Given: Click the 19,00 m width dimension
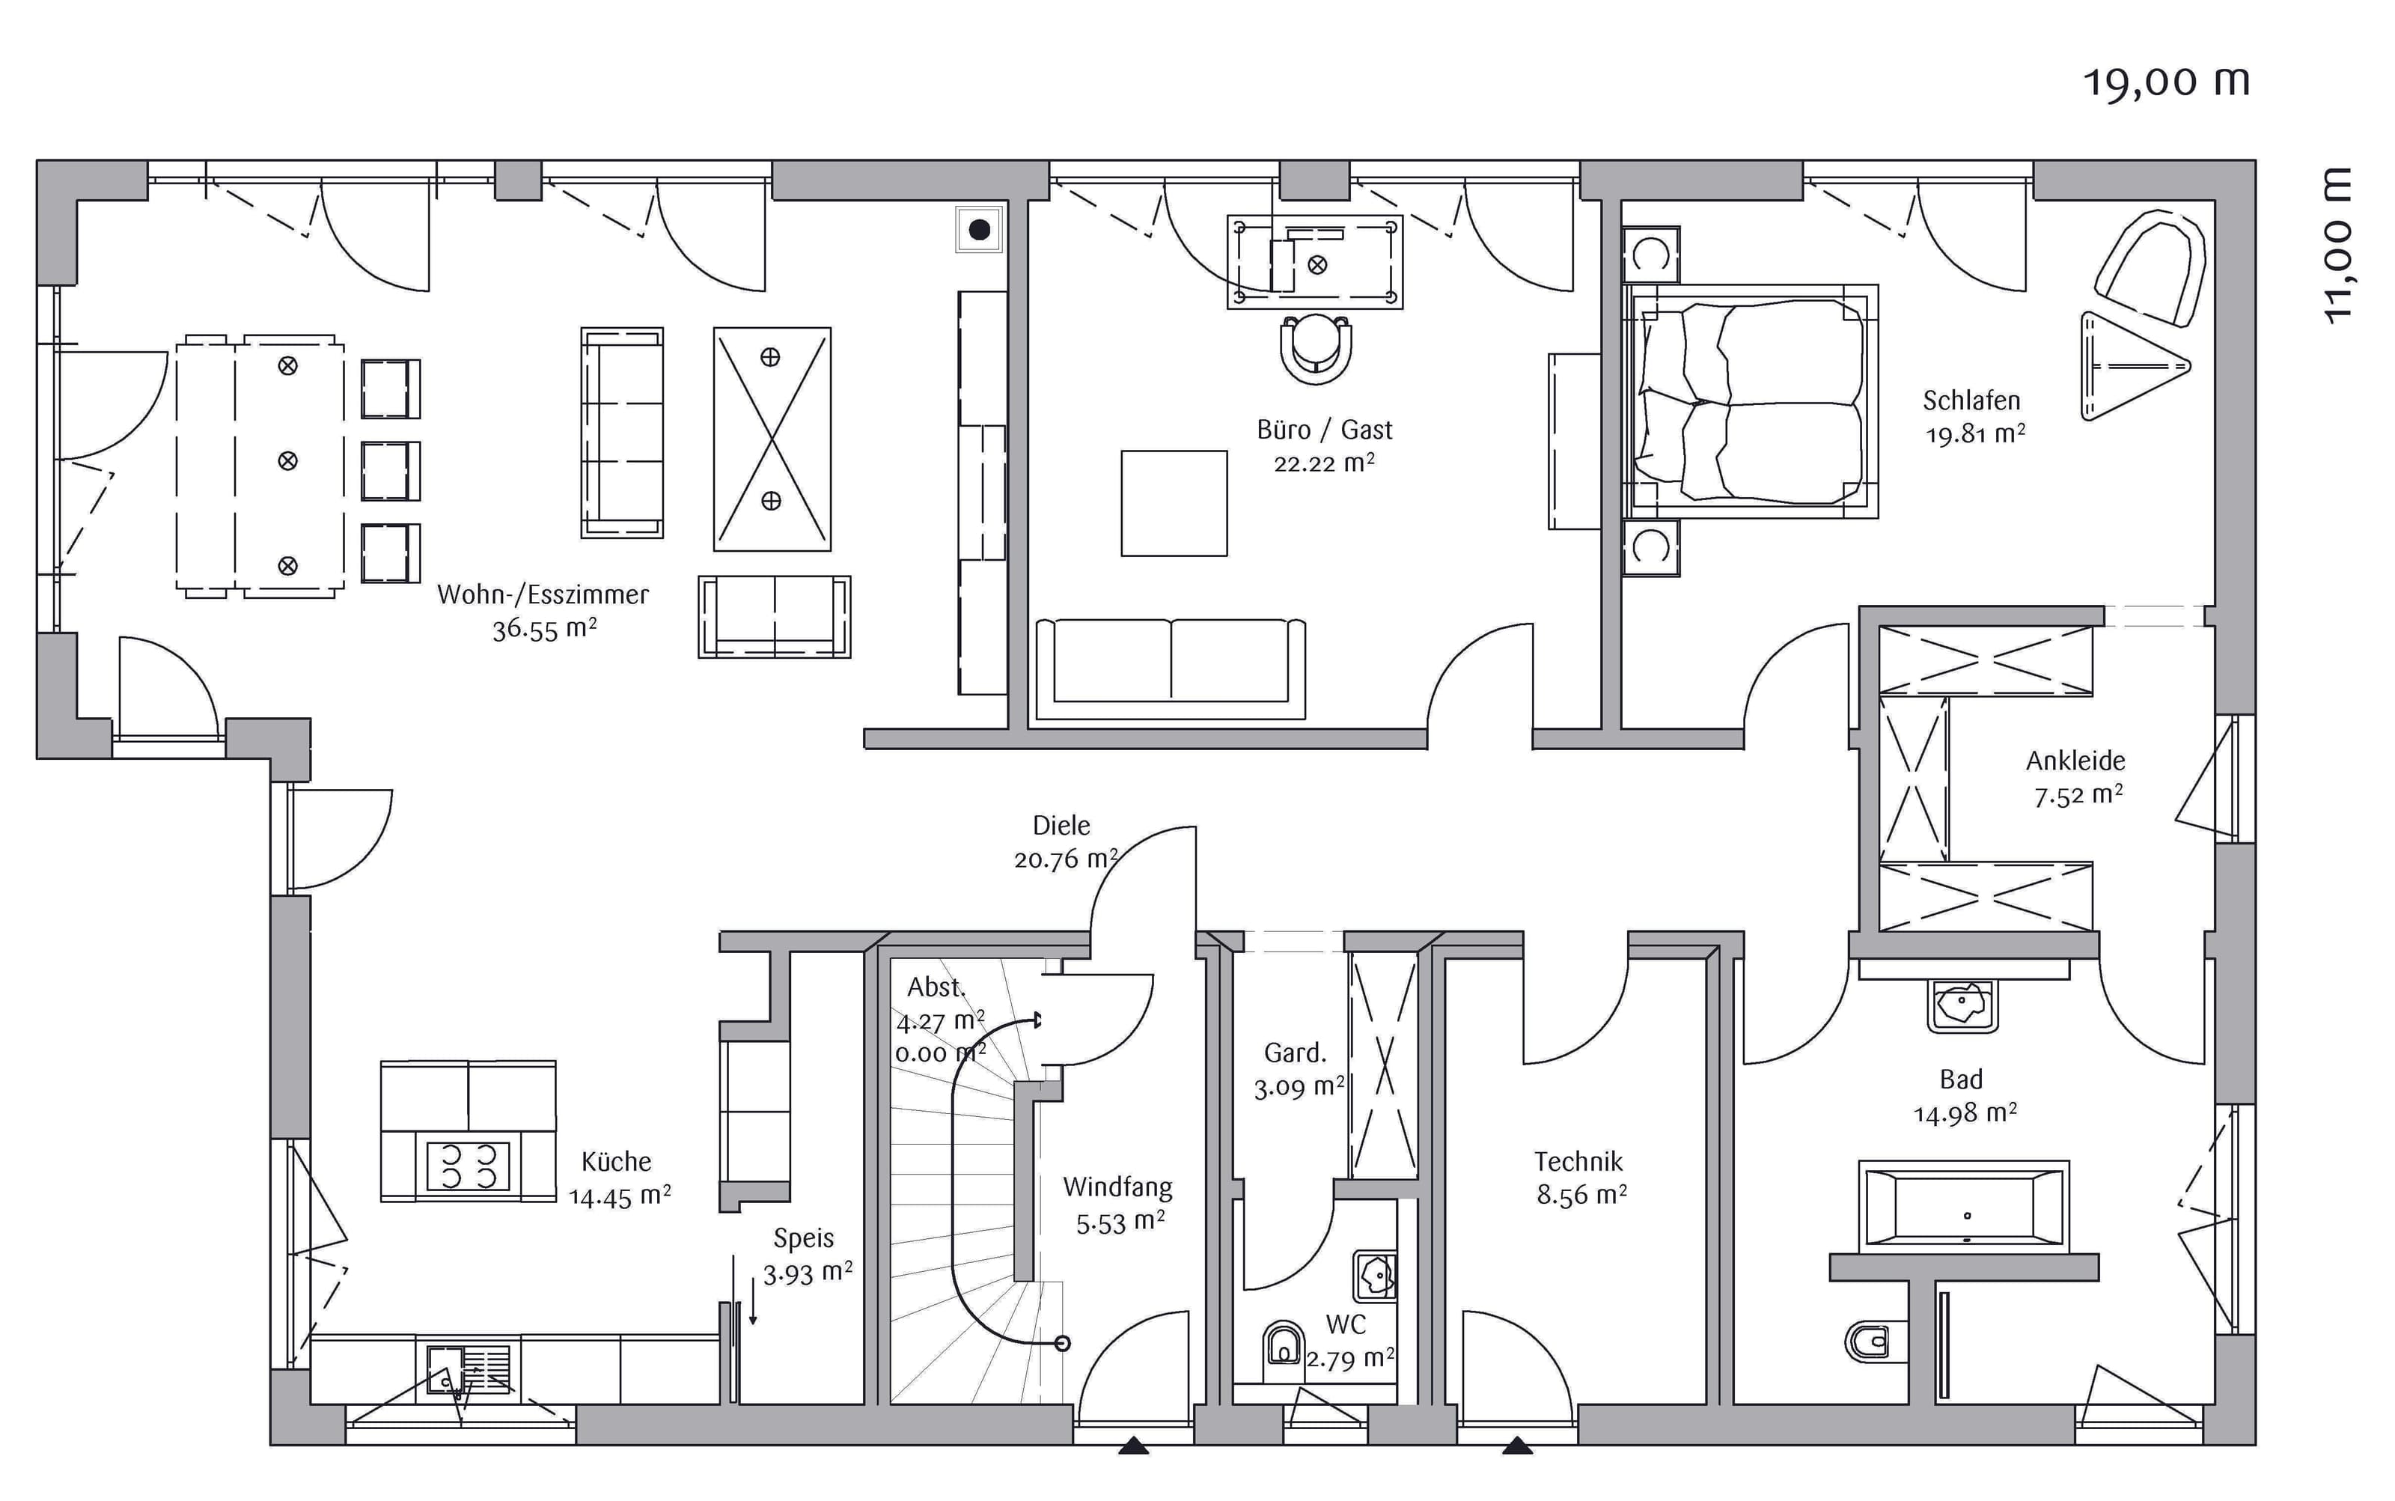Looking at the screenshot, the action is (x=2166, y=82).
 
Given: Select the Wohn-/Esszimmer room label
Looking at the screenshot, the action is (x=543, y=594).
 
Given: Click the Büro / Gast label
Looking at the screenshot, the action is (x=1324, y=430).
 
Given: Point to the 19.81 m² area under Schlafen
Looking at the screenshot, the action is (x=1975, y=433).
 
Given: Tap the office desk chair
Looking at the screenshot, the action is (x=1316, y=347).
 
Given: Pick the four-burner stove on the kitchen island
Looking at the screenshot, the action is (x=468, y=1166).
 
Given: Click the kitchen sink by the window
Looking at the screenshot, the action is (x=469, y=1370).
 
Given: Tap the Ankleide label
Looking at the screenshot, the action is (x=2075, y=761).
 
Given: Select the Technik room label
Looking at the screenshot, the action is (x=1578, y=1161).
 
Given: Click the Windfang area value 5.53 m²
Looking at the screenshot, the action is (x=1120, y=1222).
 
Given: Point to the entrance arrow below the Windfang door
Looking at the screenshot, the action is (x=1133, y=1446).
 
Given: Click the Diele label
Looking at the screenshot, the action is (x=1061, y=825).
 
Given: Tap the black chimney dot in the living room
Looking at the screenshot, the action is (x=980, y=231).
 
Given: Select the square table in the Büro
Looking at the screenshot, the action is (x=1174, y=503).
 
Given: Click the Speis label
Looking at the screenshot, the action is (x=804, y=1238).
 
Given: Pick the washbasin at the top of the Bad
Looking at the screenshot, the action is (x=1962, y=1005).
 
